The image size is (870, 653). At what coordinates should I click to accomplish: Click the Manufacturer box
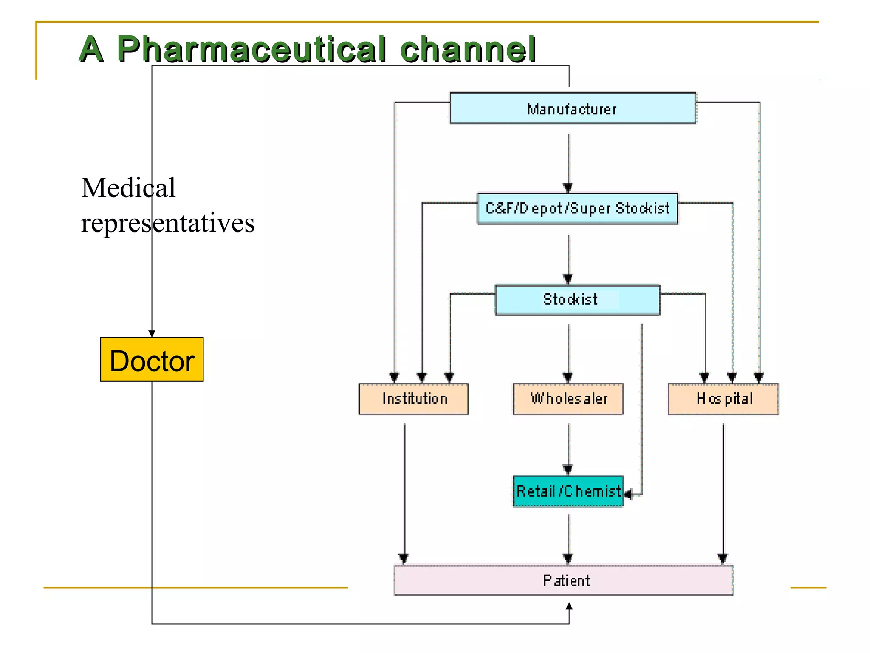573,108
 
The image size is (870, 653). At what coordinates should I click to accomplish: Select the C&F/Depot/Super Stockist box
577,208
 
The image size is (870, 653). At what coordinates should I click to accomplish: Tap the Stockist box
577,299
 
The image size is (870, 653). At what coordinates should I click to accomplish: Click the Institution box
413,399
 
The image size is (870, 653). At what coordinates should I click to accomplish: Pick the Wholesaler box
568,399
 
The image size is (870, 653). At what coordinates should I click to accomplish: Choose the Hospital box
723,399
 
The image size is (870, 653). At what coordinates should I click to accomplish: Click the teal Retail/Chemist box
568,491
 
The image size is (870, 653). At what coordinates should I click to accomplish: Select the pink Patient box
564,580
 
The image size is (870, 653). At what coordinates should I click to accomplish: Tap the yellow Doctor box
152,360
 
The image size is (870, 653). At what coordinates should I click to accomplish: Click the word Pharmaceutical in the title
251,49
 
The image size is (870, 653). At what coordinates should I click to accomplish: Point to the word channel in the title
468,49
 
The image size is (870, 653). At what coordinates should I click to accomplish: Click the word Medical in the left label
128,188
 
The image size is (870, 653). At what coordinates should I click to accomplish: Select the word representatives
168,223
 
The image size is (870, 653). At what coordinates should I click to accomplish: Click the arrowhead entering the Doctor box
152,334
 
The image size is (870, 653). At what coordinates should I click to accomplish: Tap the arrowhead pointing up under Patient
569,606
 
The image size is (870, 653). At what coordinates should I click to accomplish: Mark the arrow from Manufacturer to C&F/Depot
568,162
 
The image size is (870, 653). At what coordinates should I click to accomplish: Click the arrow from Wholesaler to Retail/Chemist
568,446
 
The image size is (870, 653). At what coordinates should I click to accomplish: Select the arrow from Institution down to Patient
404,489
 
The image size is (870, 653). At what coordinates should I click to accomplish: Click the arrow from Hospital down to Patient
723,489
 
